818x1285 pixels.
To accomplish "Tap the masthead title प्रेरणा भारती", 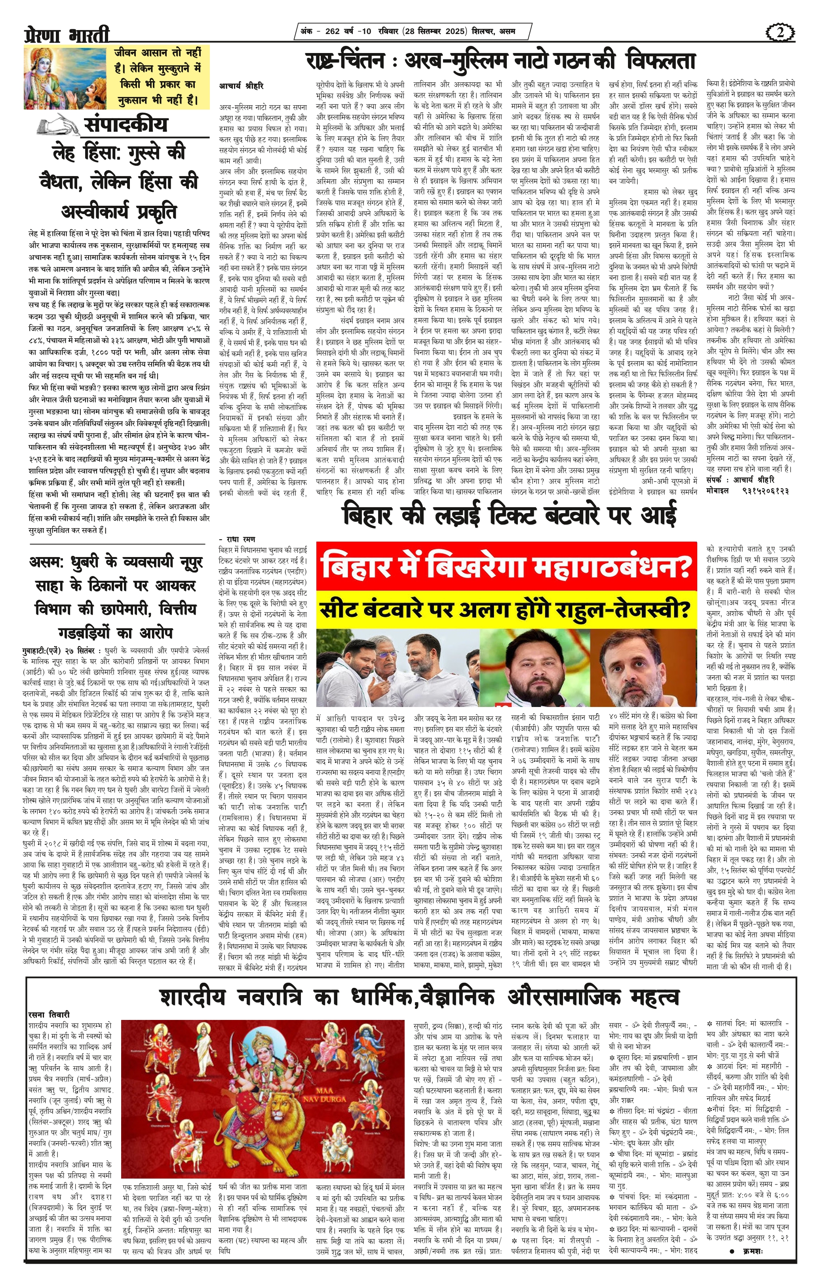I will tap(67, 35).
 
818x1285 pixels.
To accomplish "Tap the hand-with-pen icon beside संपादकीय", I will tap(58, 125).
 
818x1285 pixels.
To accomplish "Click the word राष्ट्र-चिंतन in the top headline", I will tap(345, 60).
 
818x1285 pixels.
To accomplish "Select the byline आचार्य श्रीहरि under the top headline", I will tap(242, 85).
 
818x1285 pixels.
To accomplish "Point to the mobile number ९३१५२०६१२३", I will tap(765, 490).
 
